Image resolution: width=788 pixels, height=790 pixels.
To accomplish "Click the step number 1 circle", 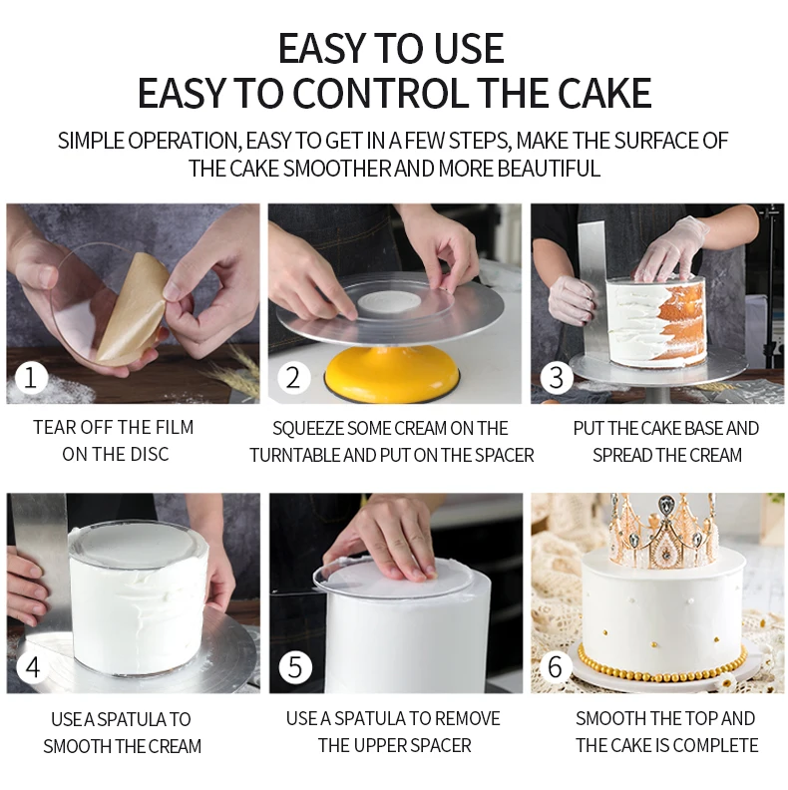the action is coord(31,378).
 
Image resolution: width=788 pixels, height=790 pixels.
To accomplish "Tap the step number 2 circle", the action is coord(293,378).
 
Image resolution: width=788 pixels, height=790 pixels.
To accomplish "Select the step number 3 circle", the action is coord(556,378).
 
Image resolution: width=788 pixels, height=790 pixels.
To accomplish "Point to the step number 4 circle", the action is coord(32,667).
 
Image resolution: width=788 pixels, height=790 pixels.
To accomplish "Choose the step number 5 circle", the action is coord(294,667).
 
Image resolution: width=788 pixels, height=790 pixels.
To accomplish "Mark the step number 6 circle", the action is coord(556,667).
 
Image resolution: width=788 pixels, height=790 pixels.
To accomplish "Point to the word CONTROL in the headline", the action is coord(381,93).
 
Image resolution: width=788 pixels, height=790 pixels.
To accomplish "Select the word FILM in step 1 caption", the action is coord(175,427).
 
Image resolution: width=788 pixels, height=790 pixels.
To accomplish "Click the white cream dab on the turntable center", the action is coord(388,301).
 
